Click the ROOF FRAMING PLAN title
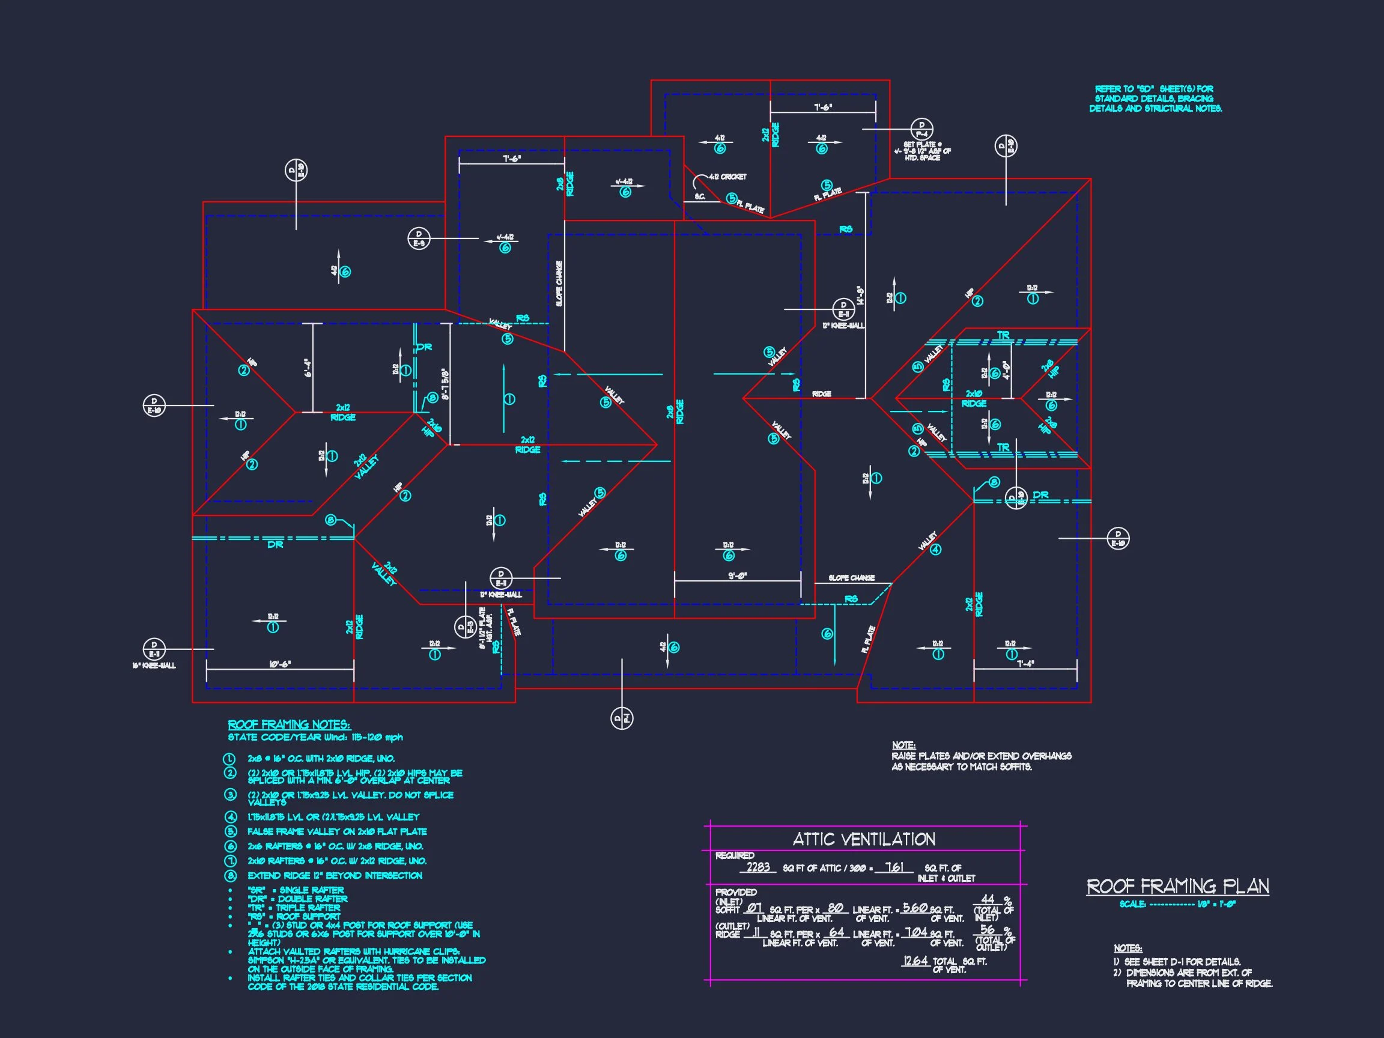click(1177, 887)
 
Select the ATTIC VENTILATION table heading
click(864, 839)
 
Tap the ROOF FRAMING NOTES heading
click(288, 724)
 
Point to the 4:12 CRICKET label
click(727, 177)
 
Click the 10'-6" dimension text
click(280, 664)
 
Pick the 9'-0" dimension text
click(738, 575)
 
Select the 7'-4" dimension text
click(1025, 664)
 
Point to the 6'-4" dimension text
click(308, 367)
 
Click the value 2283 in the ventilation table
click(757, 867)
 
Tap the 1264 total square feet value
click(915, 961)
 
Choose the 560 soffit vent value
click(915, 908)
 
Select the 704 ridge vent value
click(916, 932)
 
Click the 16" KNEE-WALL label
click(154, 666)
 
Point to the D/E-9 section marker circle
click(419, 239)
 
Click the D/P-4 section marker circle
click(921, 130)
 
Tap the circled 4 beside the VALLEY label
click(935, 550)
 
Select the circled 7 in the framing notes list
click(230, 861)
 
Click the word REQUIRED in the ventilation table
click(735, 855)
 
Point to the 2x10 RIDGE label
click(974, 398)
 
